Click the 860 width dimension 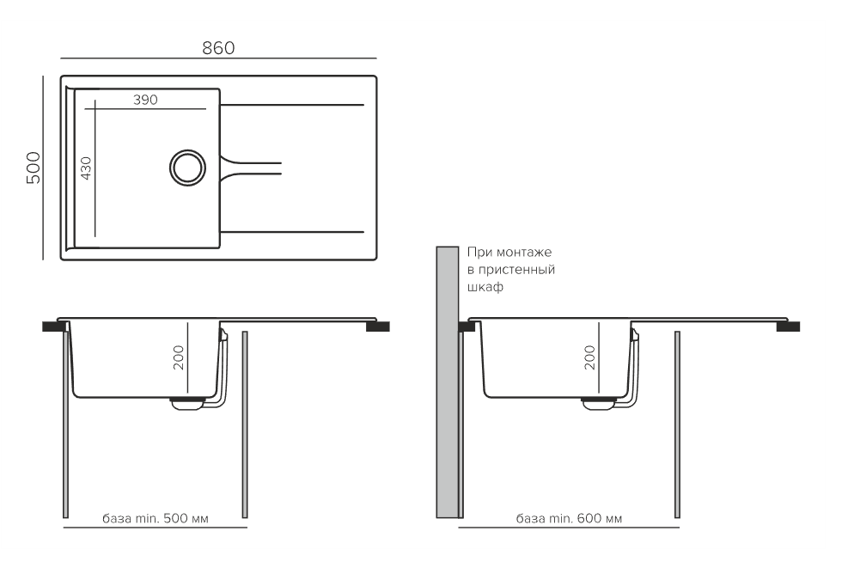[218, 48]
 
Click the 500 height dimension [34, 168]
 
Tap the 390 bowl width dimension [145, 100]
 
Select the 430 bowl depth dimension [85, 168]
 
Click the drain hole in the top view [187, 168]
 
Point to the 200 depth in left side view [179, 357]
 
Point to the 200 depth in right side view [590, 357]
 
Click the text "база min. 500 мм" [156, 518]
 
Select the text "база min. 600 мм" [569, 518]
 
